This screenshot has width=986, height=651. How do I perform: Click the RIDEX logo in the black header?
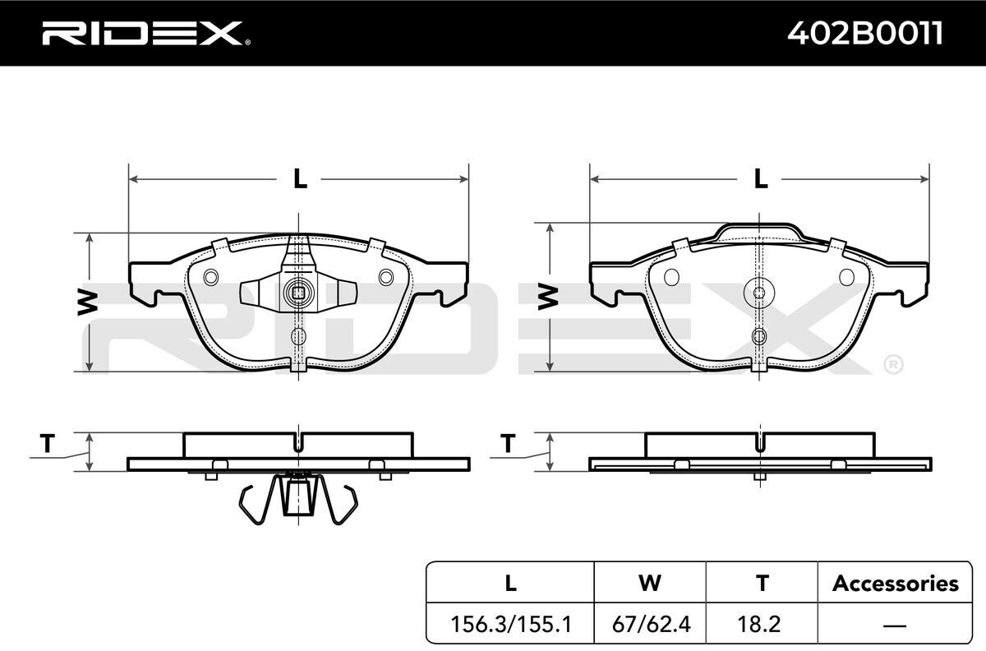(146, 33)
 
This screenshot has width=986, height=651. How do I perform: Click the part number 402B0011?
(865, 33)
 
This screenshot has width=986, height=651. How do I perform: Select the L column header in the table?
(510, 583)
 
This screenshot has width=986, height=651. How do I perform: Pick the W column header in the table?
(650, 583)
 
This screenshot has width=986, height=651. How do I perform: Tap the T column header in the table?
(763, 583)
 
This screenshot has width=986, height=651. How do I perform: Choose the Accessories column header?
(896, 583)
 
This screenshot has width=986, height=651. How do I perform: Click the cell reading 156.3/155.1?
(511, 624)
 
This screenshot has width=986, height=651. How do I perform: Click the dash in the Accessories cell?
(895, 625)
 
